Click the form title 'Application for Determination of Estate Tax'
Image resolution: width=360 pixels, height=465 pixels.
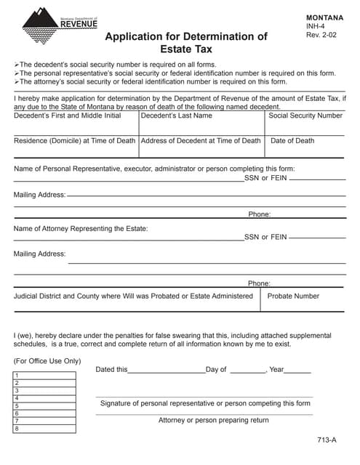(x=186, y=43)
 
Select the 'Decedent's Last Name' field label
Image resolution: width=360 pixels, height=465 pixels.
(x=177, y=116)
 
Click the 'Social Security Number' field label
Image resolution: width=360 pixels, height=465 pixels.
(x=305, y=116)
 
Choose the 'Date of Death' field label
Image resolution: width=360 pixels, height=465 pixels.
(x=292, y=141)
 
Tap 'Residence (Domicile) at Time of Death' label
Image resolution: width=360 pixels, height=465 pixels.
(x=74, y=141)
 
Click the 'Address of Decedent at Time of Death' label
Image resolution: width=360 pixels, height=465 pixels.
(x=200, y=141)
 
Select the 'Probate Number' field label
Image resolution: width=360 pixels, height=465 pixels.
(x=293, y=296)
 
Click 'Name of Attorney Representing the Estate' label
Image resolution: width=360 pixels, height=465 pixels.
(x=81, y=229)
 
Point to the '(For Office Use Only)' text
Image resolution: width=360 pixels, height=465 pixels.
(x=47, y=361)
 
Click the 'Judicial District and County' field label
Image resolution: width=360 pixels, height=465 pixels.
(x=133, y=296)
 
